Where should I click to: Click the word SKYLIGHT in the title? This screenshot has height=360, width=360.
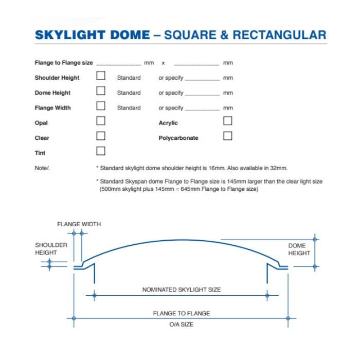click(x=70, y=35)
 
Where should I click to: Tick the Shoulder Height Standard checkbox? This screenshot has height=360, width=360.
click(x=101, y=76)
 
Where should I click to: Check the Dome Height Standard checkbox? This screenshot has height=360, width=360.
click(x=101, y=91)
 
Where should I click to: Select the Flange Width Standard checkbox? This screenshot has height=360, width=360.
click(x=101, y=106)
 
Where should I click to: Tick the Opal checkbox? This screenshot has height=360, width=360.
click(x=101, y=121)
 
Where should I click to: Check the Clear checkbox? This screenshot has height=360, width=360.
click(x=101, y=136)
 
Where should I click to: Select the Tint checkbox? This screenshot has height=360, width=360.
click(x=101, y=151)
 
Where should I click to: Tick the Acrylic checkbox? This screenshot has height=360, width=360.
click(x=227, y=121)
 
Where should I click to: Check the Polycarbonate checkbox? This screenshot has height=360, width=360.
click(x=227, y=136)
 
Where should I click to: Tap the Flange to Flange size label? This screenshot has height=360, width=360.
click(x=64, y=63)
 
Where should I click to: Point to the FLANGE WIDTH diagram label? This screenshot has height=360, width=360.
click(x=79, y=224)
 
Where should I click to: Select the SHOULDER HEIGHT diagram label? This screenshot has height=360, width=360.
click(x=51, y=249)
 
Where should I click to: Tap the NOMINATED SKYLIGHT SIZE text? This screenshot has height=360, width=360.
click(x=182, y=290)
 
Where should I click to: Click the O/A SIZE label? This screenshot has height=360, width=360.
click(x=182, y=325)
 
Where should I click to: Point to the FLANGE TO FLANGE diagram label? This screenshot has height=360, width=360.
click(x=182, y=313)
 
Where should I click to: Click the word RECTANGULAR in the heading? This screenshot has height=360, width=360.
click(x=279, y=35)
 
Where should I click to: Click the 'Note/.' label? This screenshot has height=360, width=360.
click(x=43, y=168)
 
